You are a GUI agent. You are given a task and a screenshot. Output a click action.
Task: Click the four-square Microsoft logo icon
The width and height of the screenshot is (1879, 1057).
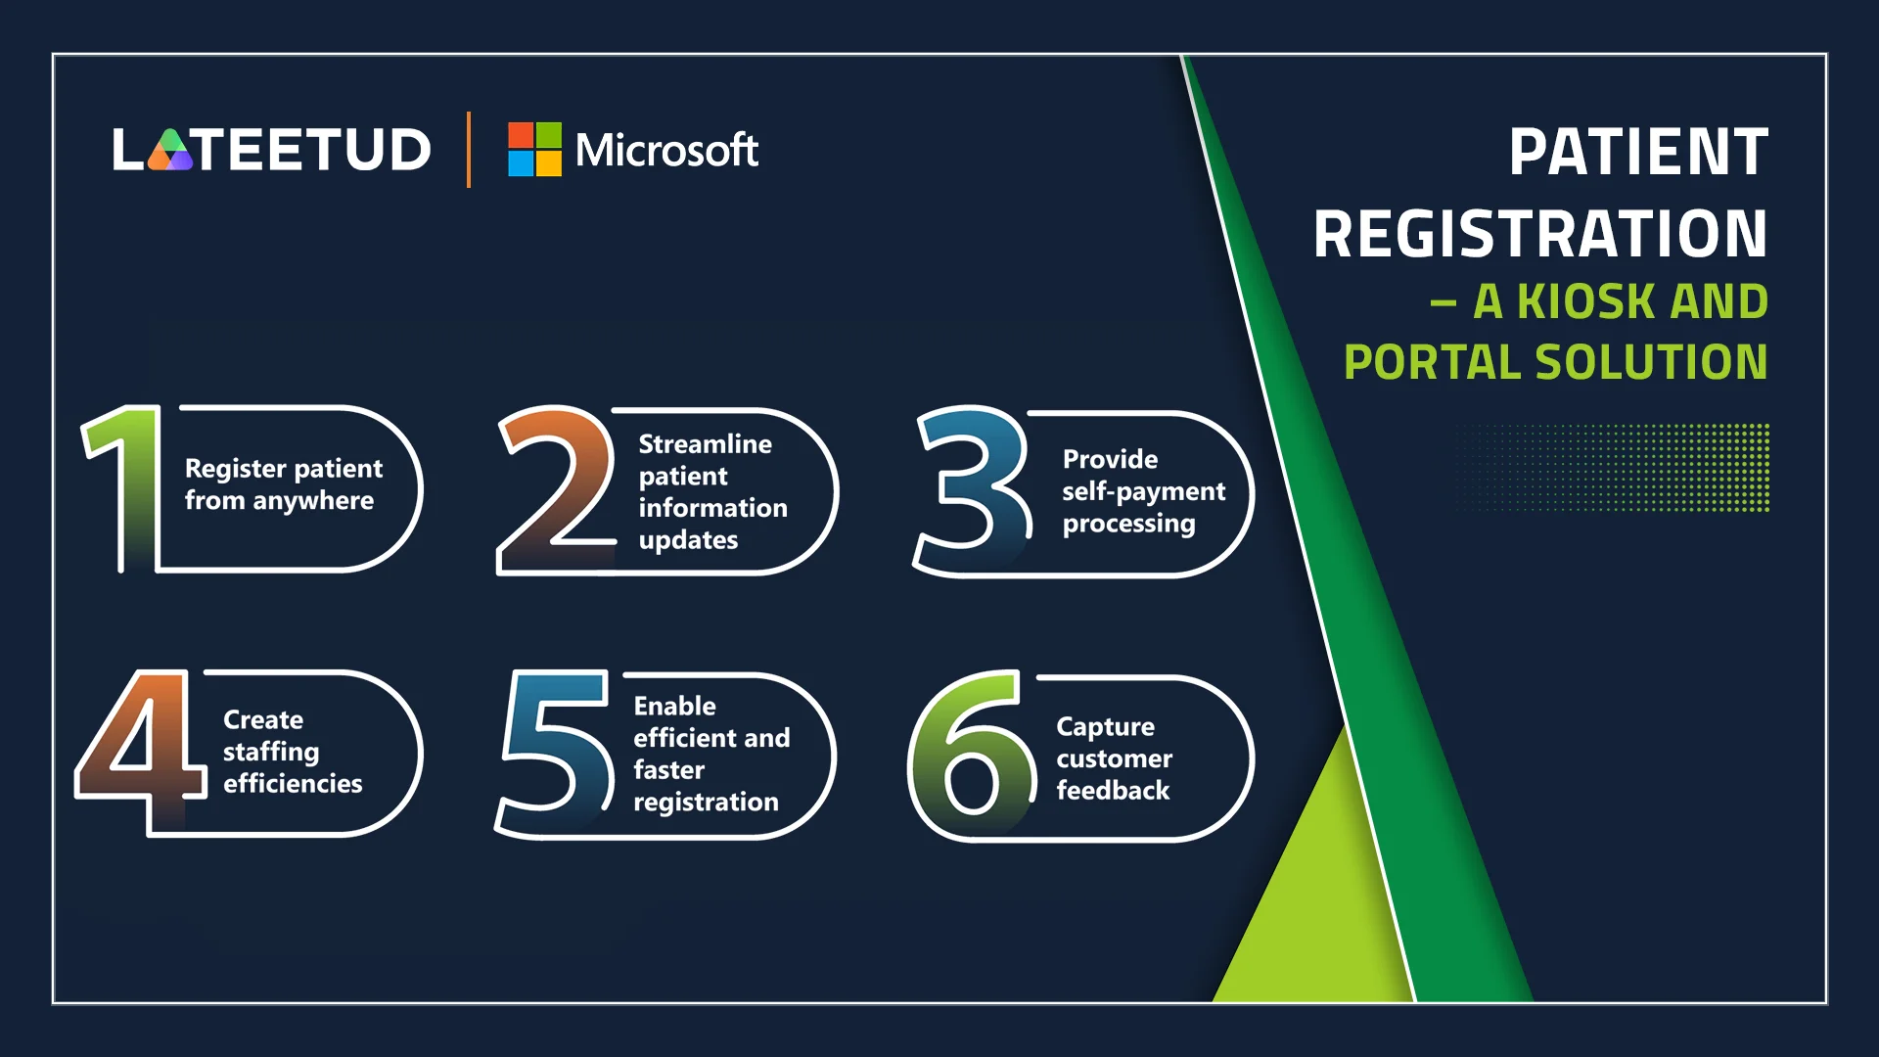click(x=534, y=149)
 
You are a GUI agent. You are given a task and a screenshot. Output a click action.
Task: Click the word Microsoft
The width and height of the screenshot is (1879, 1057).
click(x=666, y=150)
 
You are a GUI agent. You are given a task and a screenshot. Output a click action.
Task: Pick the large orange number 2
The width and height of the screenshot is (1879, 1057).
click(x=555, y=489)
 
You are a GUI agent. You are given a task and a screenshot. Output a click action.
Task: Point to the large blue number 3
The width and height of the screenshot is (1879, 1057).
click(x=973, y=491)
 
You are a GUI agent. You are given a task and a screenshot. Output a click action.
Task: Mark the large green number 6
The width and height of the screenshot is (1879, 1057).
click(x=972, y=756)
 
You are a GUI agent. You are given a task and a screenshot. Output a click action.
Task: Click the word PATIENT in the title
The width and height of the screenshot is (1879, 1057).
click(x=1638, y=153)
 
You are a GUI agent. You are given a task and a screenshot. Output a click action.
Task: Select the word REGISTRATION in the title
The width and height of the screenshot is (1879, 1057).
click(x=1540, y=234)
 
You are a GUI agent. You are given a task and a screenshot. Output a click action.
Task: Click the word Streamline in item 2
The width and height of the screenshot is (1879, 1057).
click(x=706, y=444)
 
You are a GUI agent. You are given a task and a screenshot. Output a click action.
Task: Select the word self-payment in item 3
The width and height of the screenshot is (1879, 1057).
click(x=1144, y=492)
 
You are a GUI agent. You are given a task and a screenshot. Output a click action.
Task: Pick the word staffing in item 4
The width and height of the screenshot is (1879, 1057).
click(x=271, y=753)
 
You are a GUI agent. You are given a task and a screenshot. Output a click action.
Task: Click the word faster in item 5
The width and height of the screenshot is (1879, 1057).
click(x=669, y=770)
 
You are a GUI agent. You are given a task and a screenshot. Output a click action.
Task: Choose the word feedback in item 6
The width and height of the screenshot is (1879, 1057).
click(x=1114, y=791)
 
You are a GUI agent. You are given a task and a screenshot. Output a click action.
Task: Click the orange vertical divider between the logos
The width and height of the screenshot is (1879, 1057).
click(x=469, y=150)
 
